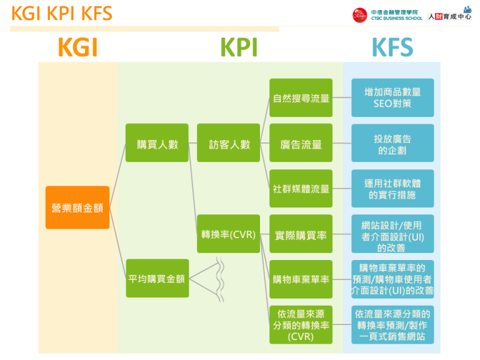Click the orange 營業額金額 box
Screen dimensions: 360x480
click(77, 207)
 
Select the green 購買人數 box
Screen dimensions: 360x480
click(157, 143)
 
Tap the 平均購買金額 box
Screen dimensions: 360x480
click(157, 278)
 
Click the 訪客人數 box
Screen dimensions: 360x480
click(229, 143)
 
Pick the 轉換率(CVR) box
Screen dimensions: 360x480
click(229, 234)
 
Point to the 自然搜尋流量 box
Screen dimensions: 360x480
click(301, 97)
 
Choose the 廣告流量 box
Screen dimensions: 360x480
click(301, 143)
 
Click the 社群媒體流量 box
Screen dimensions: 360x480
click(301, 188)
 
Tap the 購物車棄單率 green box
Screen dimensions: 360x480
click(301, 279)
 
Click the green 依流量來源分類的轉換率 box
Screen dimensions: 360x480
click(301, 324)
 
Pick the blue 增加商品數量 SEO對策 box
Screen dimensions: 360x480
click(392, 97)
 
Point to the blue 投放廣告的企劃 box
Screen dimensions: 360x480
click(392, 144)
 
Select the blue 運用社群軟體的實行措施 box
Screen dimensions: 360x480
click(392, 189)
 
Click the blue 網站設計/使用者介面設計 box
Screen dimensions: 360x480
click(392, 235)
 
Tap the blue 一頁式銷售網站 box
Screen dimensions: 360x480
click(392, 324)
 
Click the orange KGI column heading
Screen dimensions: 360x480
click(77, 47)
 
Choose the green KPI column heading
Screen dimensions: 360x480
click(239, 47)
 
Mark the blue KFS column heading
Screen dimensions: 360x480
click(392, 47)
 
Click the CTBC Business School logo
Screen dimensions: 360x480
click(387, 14)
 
